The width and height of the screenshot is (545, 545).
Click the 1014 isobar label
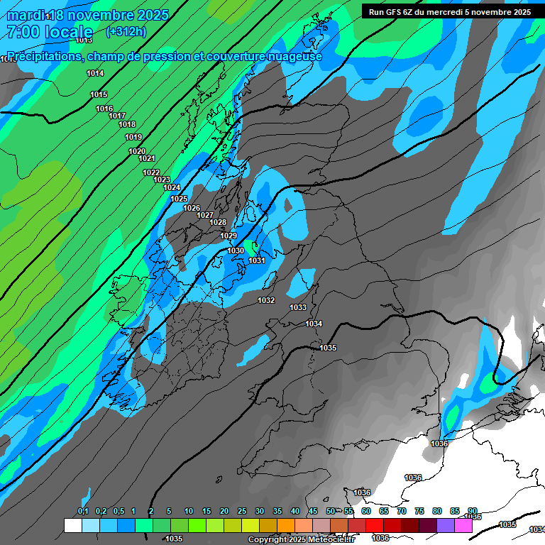click(95, 74)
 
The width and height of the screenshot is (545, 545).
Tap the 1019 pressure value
click(133, 137)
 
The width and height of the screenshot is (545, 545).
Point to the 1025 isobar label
click(179, 199)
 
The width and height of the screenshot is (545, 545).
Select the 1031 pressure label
click(257, 261)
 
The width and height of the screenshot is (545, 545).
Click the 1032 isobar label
click(266, 300)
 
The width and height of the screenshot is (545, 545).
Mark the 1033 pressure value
click(298, 307)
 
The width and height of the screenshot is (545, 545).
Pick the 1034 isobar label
click(314, 324)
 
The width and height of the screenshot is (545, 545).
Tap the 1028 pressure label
click(218, 222)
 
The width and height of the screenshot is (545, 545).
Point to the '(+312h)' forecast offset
click(126, 32)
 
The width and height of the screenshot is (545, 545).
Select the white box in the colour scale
click(72, 526)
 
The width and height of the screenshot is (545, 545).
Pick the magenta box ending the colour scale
click(463, 526)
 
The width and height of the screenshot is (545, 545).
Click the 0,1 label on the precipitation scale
click(83, 512)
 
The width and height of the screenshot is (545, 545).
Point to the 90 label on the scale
click(472, 512)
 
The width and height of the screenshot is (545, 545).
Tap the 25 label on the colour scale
click(242, 512)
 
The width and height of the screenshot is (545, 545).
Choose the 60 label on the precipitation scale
click(366, 512)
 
